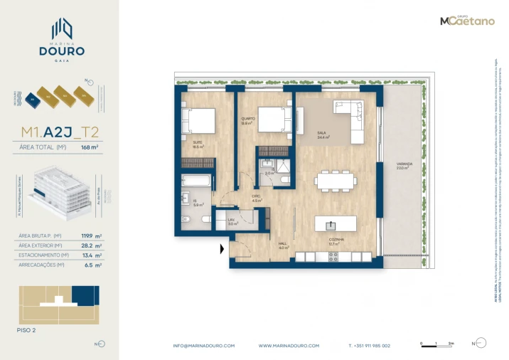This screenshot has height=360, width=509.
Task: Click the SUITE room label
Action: click(x=198, y=144)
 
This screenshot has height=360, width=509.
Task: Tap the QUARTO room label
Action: click(x=247, y=121)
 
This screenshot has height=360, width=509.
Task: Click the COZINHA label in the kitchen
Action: click(x=336, y=241)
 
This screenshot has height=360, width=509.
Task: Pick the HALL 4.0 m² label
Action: click(x=282, y=245)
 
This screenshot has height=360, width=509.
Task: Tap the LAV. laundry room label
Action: click(x=232, y=222)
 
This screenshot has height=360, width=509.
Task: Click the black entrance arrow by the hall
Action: click(x=223, y=249)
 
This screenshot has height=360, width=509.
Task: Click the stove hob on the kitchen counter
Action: click(x=333, y=257)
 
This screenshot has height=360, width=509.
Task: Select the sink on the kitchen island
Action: click(x=330, y=225)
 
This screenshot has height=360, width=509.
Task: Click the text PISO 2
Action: click(x=26, y=331)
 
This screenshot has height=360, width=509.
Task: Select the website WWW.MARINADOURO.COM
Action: click(x=288, y=346)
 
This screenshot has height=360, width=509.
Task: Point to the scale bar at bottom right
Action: click(x=436, y=343)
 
